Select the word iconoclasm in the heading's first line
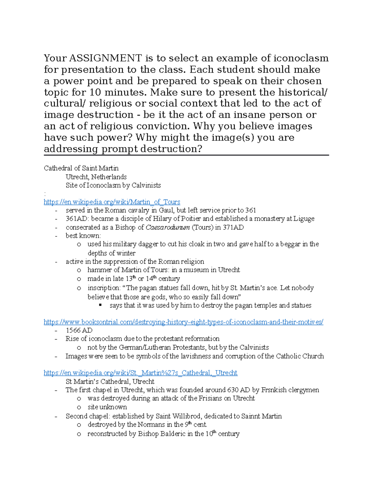coord(301,58)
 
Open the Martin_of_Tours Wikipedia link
coord(112,202)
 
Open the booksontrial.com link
coord(183,322)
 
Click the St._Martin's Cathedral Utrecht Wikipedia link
coord(140,373)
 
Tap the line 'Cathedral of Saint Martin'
coord(81,168)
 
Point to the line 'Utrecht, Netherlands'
coord(96,177)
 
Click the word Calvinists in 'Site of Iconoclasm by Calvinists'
coord(146,185)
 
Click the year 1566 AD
coord(79,331)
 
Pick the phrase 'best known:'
coord(83,236)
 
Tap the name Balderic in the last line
coord(173,434)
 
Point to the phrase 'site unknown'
coord(107,407)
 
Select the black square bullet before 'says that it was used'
coord(100,305)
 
